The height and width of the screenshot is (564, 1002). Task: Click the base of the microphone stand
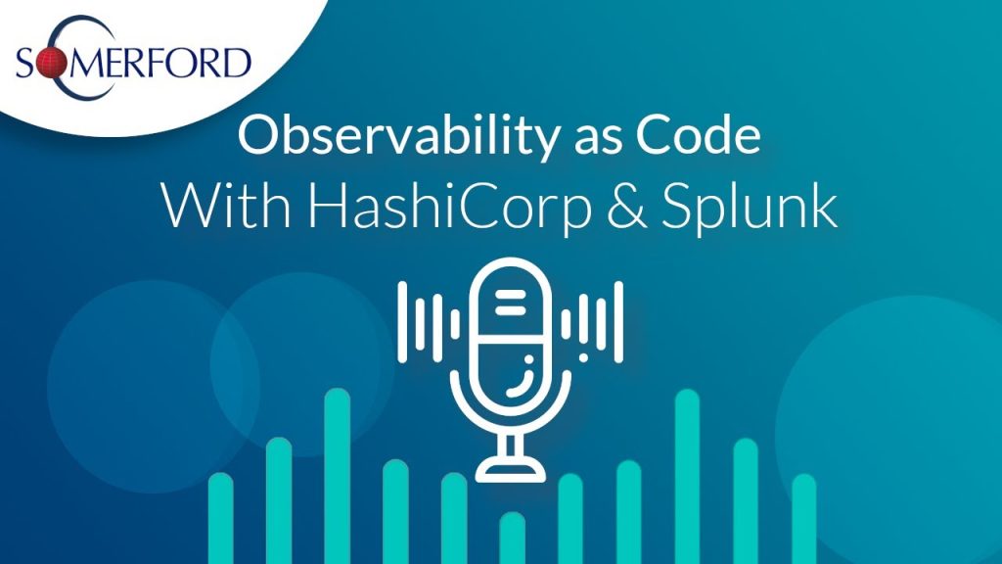[x=511, y=469]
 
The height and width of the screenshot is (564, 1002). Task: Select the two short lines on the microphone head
[x=510, y=304]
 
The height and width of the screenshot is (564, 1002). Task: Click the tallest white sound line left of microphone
[x=402, y=322]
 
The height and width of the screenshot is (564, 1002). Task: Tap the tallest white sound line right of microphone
[x=618, y=322]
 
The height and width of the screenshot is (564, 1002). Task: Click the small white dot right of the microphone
[x=583, y=357]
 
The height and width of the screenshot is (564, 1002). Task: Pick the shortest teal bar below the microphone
[x=512, y=538]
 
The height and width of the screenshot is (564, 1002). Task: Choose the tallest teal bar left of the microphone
[x=338, y=476]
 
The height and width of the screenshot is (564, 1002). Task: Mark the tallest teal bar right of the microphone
[x=687, y=477]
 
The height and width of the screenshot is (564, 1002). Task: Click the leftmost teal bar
[x=221, y=518]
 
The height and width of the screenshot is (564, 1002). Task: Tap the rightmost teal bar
[x=804, y=519]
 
